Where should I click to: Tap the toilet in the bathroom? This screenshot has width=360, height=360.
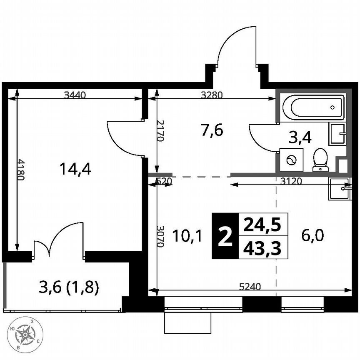point(320,160)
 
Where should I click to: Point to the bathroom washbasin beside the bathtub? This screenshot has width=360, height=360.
point(337,134)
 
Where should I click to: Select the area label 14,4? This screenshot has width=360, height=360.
point(75,169)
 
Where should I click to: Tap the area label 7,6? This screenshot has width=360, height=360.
point(212,130)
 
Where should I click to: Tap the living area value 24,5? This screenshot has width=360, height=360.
point(262,225)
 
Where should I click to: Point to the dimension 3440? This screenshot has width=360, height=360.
point(75,95)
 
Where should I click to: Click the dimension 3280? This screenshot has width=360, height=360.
point(212,95)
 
